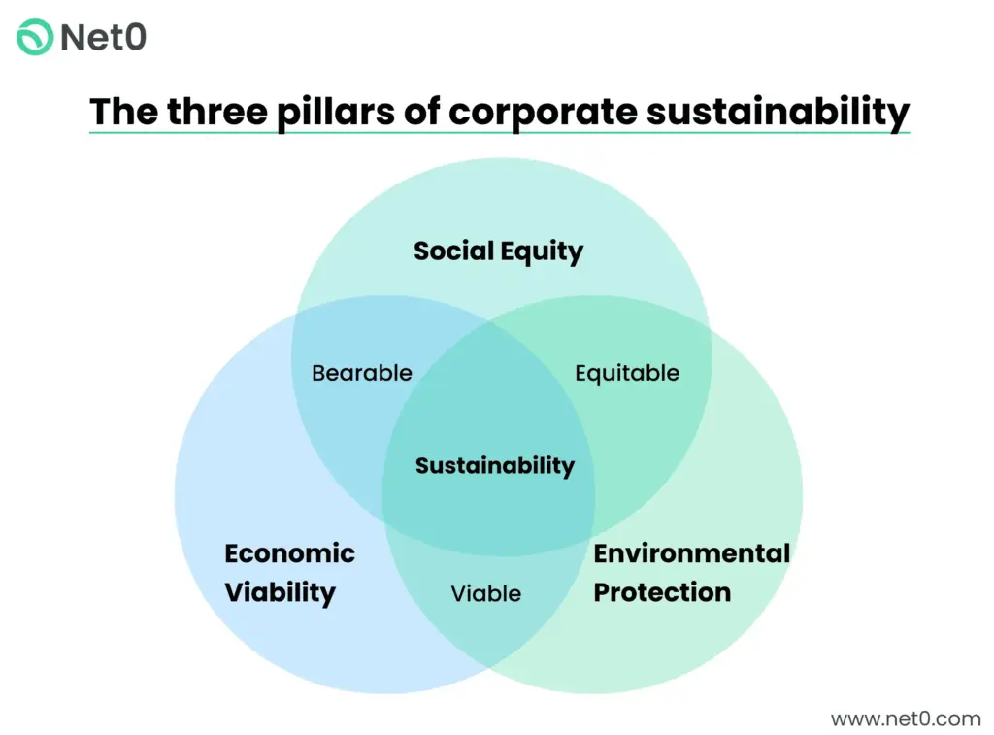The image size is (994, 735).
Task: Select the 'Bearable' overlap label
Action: pos(362,373)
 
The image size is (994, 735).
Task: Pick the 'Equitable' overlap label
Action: pos(627,373)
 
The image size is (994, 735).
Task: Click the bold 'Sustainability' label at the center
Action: pos(495,466)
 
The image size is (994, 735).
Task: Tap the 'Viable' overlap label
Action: pos(486,593)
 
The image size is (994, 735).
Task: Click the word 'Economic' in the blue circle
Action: pos(290,553)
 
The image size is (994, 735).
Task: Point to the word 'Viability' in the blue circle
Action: pos(281,592)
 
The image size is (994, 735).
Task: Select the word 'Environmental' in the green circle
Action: pos(692,553)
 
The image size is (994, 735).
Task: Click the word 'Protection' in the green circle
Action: pos(662,592)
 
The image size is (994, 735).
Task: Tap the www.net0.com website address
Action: pos(906,718)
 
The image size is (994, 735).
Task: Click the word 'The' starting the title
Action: pos(123,111)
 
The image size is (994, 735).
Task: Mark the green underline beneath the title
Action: pos(499,132)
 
